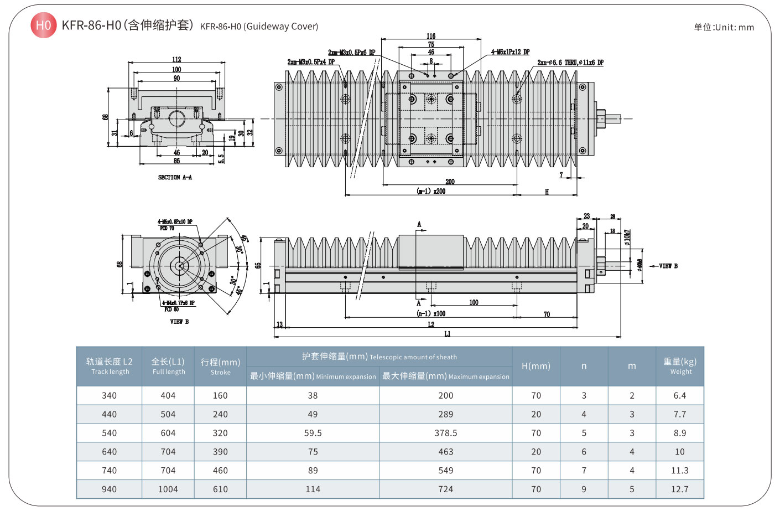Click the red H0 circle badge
point(43,25)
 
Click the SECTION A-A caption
point(175,177)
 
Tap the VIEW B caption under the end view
point(179,322)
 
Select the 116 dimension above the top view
point(431,36)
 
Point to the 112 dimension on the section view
point(176,59)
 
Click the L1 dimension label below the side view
point(447,334)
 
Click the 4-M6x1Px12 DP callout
point(510,52)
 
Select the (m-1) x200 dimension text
point(431,191)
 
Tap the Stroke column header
point(220,366)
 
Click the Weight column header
point(680,366)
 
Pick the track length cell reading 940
point(110,489)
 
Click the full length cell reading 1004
point(168,489)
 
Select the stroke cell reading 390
point(220,452)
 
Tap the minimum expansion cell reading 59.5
point(313,433)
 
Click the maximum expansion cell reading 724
point(446,489)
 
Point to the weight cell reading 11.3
point(680,470)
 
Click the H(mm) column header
point(536,366)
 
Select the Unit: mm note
point(724,27)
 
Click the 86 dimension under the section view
point(176,161)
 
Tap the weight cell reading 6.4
point(680,395)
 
